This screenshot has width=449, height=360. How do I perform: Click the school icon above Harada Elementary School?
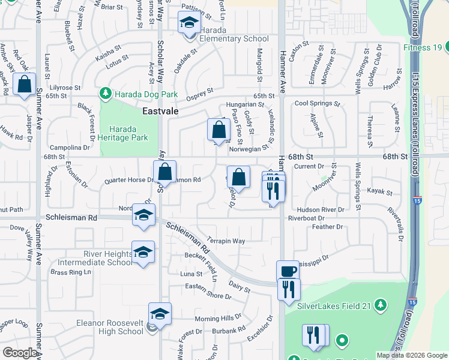point(189,23)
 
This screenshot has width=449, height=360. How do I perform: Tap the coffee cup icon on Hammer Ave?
point(288,271)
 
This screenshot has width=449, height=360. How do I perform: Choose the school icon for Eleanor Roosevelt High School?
point(160,313)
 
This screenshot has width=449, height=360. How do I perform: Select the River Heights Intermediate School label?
point(95,257)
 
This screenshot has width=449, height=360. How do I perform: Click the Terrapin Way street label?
point(226,241)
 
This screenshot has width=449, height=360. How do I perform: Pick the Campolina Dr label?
point(69,148)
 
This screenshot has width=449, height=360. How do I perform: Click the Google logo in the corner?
point(20,353)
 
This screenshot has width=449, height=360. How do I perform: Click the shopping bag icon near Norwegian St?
point(219,129)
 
